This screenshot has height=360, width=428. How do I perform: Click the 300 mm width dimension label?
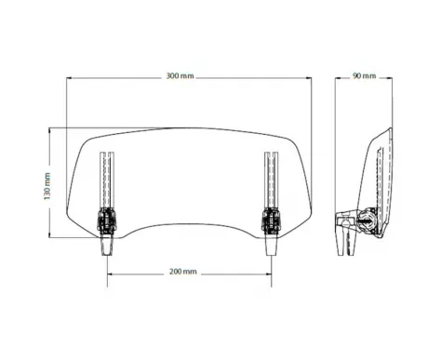180,76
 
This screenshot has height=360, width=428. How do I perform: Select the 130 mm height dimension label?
47,186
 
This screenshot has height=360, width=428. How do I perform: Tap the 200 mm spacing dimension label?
183,272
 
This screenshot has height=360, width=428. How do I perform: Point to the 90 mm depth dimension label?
364,76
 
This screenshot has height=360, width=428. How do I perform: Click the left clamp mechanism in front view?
107,220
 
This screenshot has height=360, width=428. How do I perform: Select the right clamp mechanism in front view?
271,220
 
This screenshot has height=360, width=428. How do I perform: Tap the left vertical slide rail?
107,180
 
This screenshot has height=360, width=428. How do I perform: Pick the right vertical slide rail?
272,180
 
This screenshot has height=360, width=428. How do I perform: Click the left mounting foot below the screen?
107,244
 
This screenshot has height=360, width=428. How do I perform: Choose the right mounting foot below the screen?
271,244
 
